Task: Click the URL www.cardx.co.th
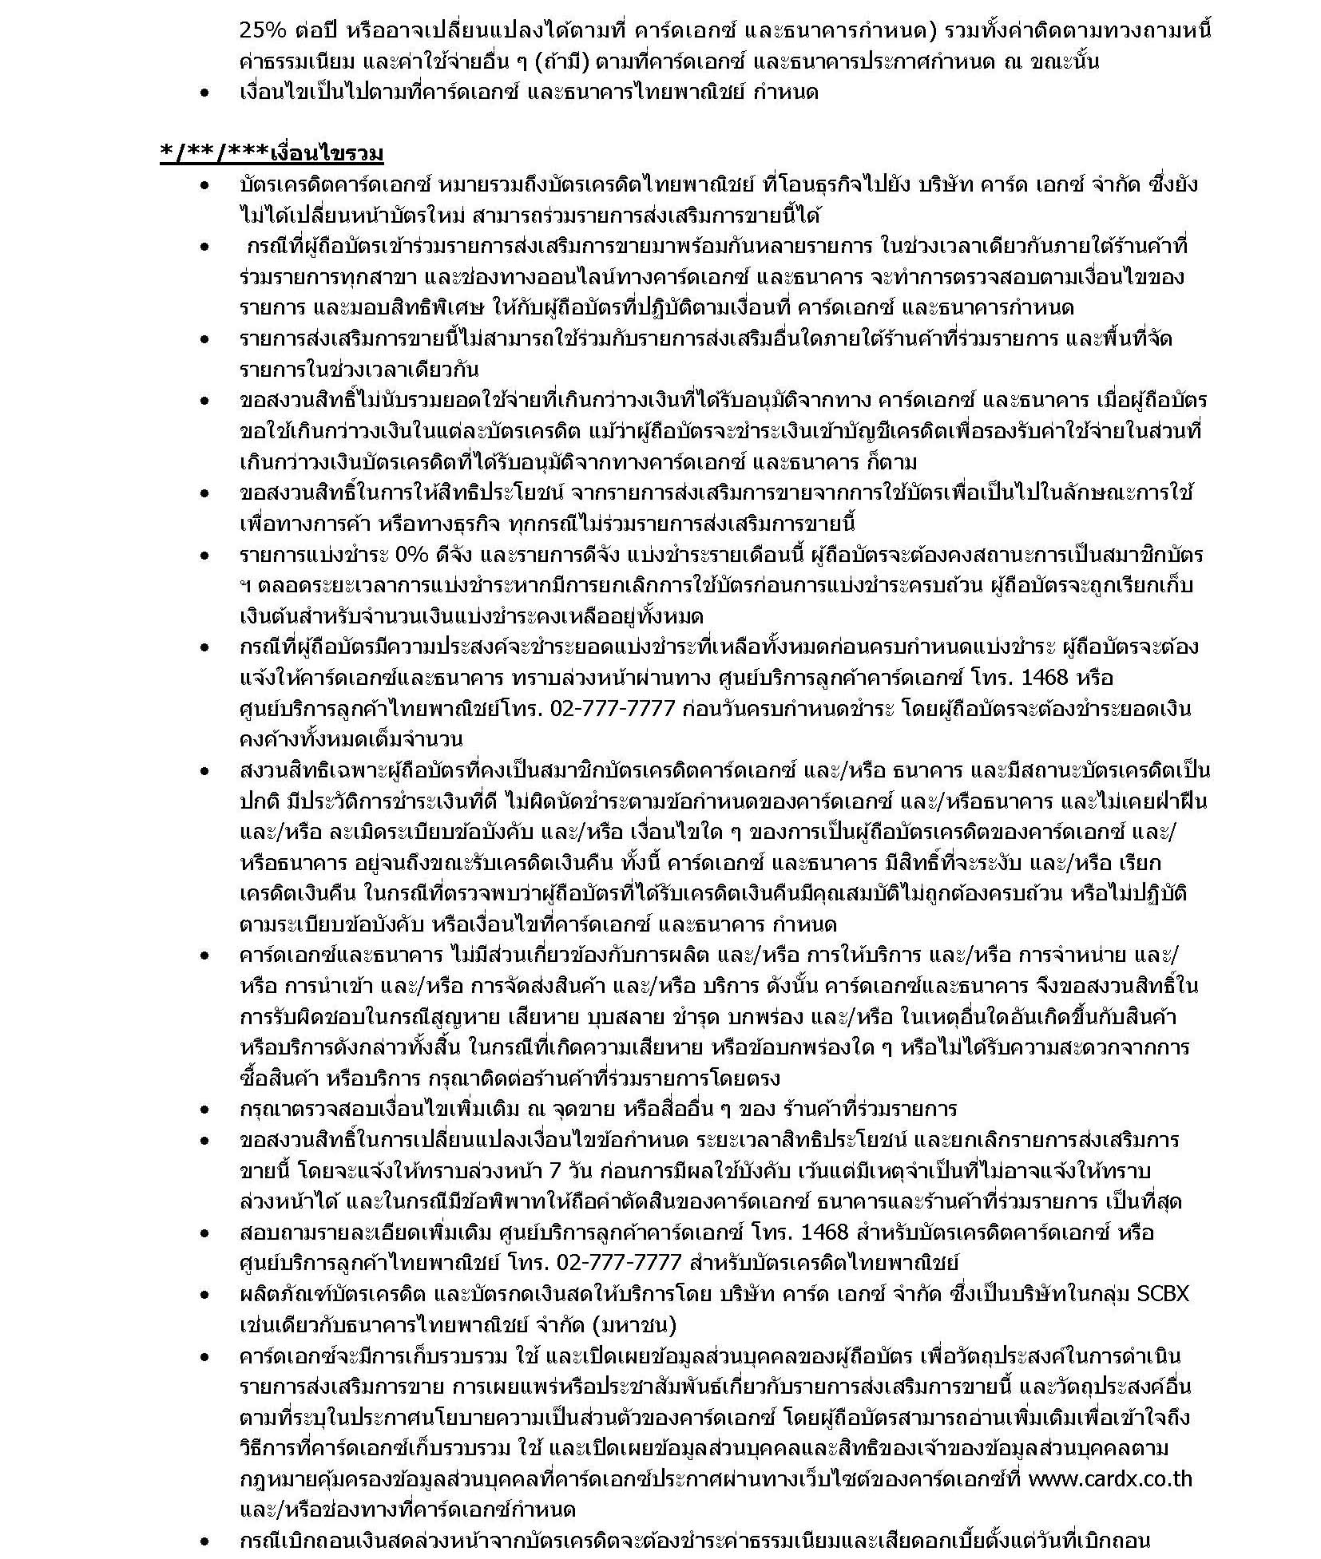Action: click(1109, 1478)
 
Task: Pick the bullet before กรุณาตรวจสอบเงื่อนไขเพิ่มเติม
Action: click(205, 1110)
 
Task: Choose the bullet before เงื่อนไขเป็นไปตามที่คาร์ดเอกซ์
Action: click(205, 93)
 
